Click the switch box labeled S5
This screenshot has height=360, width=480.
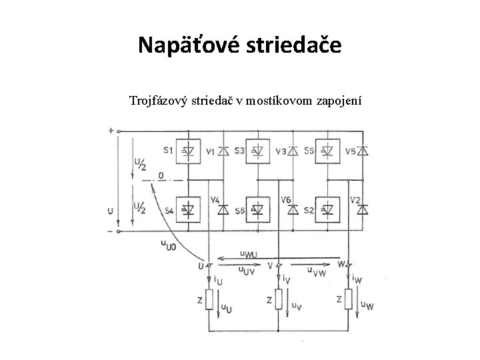pyautogui.click(x=327, y=151)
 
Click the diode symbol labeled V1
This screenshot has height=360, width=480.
pyautogui.click(x=223, y=151)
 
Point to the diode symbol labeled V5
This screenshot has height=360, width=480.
pyautogui.click(x=362, y=151)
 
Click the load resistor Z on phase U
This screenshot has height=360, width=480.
pyautogui.click(x=209, y=301)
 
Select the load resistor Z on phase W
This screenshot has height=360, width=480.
pyautogui.click(x=347, y=301)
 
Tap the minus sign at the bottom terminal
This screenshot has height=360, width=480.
pyautogui.click(x=110, y=231)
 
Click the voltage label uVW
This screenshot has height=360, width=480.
pyautogui.click(x=316, y=270)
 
